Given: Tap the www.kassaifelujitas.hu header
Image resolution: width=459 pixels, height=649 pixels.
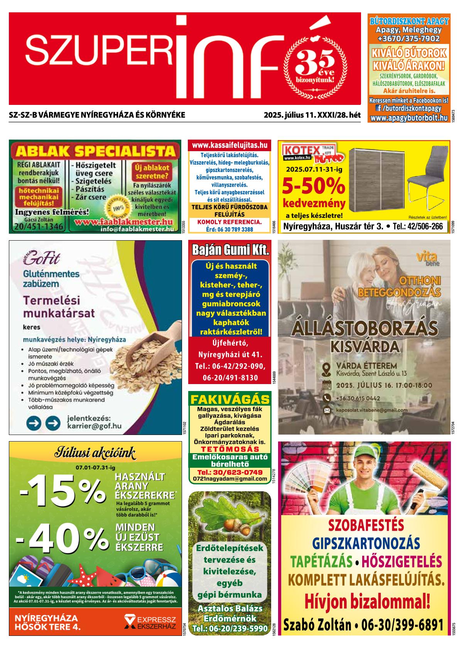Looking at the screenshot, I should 229,145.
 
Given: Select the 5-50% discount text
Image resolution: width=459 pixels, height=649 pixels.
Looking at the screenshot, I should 313,186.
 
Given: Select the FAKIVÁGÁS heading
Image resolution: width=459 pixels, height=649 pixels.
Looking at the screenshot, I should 230,399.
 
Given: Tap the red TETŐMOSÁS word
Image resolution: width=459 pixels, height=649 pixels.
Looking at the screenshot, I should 230,449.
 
